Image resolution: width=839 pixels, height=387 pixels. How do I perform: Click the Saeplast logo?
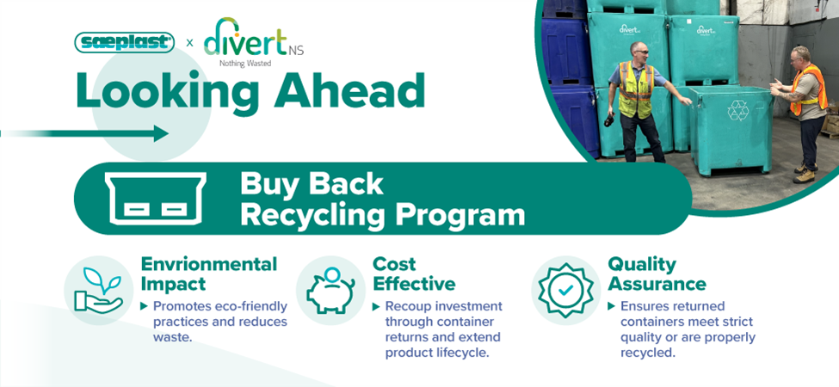pyautogui.click(x=124, y=42)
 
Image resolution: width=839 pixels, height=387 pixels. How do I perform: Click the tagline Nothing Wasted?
pyautogui.click(x=245, y=63)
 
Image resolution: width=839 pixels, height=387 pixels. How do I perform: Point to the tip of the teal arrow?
pyautogui.click(x=169, y=133)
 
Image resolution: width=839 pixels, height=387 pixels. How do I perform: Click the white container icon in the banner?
pyautogui.click(x=155, y=198)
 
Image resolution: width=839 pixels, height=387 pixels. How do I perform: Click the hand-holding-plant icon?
pyautogui.click(x=99, y=291)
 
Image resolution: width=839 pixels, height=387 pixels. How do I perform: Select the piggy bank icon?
pyautogui.click(x=330, y=291)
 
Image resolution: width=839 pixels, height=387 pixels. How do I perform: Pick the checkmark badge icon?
pyautogui.click(x=565, y=291)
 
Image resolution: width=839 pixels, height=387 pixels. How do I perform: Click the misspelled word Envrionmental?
pyautogui.click(x=209, y=264)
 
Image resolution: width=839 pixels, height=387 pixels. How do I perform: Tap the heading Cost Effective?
pyautogui.click(x=414, y=273)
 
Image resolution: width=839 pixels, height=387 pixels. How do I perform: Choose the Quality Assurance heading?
pyautogui.click(x=657, y=273)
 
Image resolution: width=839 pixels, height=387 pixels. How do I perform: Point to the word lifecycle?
pyautogui.click(x=462, y=353)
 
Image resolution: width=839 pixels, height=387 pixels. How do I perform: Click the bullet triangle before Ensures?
pyautogui.click(x=612, y=307)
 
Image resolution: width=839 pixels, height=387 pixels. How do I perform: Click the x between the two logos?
pyautogui.click(x=189, y=43)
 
